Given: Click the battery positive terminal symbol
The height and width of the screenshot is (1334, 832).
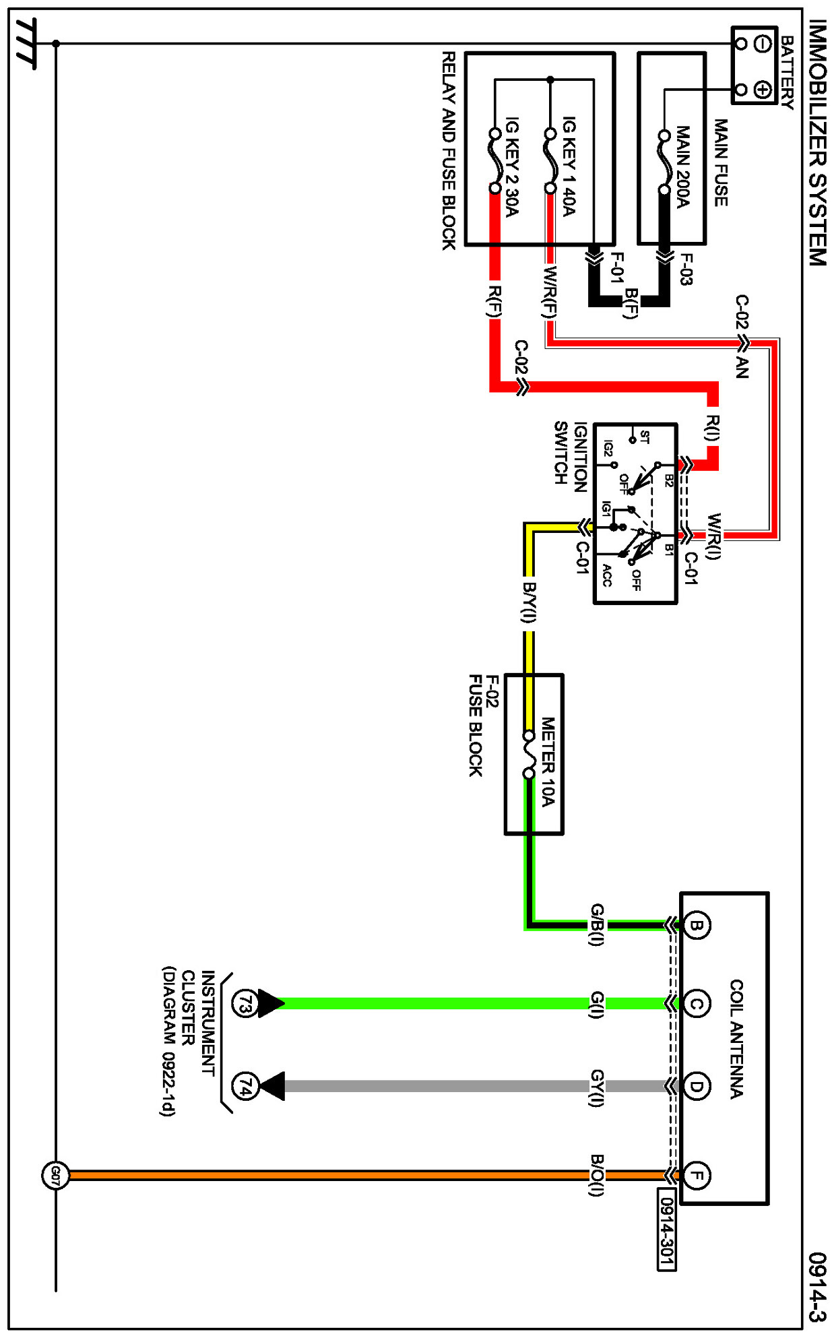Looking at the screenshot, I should coord(763,89).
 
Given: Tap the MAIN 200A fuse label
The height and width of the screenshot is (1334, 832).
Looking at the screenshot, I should coord(682,167).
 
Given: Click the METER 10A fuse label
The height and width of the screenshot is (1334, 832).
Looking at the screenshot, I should coord(548,761).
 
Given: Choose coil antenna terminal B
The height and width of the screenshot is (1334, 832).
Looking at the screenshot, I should coord(697,924).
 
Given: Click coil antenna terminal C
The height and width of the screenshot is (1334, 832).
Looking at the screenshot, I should coord(697,1004).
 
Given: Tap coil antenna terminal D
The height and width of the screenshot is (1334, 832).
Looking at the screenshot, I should coord(697,1086).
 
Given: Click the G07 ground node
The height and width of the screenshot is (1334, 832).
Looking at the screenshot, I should coord(55,1176).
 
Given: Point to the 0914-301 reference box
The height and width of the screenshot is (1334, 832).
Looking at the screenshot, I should coord(667,1230).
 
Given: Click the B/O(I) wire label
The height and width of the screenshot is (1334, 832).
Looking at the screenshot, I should coord(597,1175).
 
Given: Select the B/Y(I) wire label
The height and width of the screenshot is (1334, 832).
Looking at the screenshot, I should coord(530,602).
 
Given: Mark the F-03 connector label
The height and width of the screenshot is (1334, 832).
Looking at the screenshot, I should coord(686,269).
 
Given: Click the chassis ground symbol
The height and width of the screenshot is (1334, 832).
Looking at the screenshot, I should coord(26,44).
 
